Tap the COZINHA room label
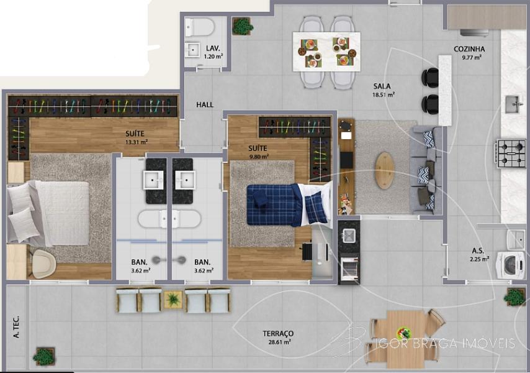469,49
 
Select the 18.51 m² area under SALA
384,94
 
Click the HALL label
205,105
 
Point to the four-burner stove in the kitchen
511,154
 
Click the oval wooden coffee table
385,170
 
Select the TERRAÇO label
278,334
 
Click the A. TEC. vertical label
16,327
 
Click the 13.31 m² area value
137,142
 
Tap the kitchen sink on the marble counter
513,104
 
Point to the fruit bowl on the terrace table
403,333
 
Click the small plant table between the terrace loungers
173,299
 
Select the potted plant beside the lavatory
243,26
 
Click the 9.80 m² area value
259,157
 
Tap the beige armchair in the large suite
44,264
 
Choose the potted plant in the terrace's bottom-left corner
43,356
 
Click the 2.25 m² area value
479,260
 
